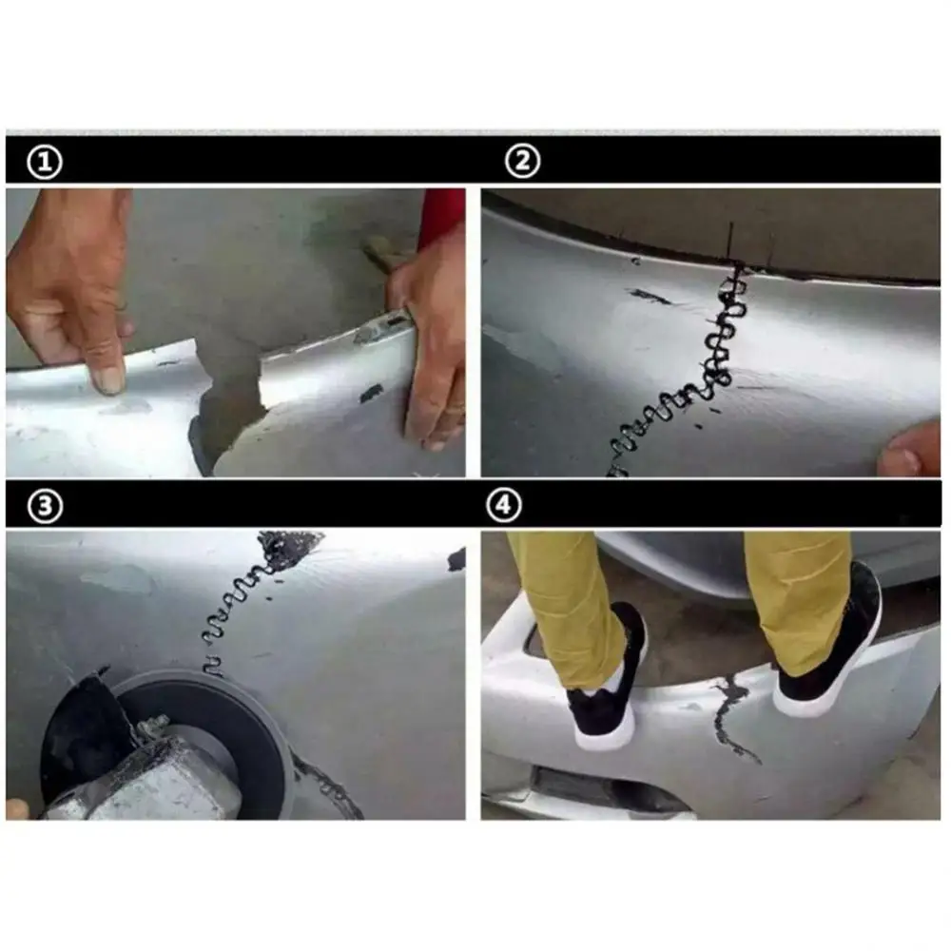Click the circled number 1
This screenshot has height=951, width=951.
click(45, 163)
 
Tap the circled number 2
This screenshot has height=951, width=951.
click(522, 163)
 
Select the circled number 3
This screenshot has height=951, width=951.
click(45, 506)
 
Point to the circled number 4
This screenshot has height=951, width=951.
click(505, 506)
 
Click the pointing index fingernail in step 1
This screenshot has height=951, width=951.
click(107, 378)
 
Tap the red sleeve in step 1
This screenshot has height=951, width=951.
click(441, 216)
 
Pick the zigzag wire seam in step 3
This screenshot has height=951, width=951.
click(238, 609)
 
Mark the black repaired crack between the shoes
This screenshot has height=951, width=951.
click(730, 713)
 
